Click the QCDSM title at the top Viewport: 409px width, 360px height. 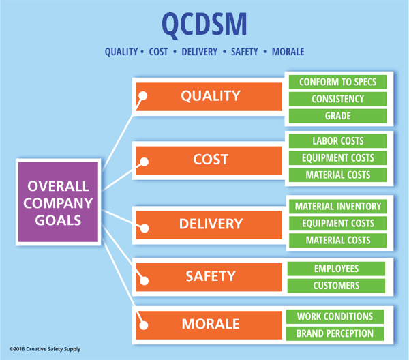point(204,24)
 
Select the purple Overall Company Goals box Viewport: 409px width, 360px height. point(59,203)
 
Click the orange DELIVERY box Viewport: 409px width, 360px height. point(211,224)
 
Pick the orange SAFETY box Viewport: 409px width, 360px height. point(211,276)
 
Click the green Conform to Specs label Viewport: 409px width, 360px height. point(338,82)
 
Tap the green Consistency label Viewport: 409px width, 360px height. point(338,99)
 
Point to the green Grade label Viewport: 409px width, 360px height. point(338,116)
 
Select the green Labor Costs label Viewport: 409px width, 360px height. point(338,141)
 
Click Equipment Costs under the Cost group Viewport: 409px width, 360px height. point(338,158)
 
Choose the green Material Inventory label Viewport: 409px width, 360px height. point(338,206)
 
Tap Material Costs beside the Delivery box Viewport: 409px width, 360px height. point(338,240)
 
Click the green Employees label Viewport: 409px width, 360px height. point(336,269)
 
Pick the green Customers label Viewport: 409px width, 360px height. point(336,286)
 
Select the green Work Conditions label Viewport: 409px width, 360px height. point(335,316)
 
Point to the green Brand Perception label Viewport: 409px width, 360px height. point(335,333)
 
